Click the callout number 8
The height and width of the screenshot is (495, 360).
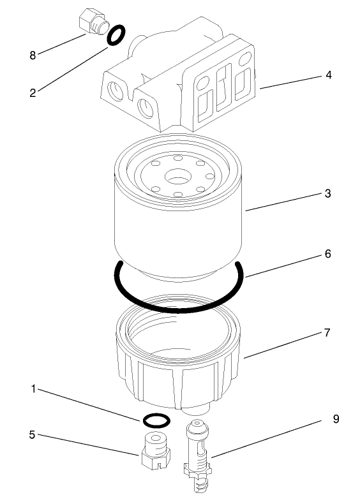pos(32,55)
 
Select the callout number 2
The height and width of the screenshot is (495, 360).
pos(32,92)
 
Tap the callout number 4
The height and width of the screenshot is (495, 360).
pos(328,75)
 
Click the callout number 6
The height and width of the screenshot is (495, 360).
pos(327,253)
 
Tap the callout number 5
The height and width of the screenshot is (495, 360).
pos(32,436)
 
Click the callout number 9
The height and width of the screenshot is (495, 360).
pos(336,419)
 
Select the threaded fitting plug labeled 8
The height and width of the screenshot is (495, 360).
pos(90,21)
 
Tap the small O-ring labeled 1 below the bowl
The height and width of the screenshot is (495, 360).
pos(155,420)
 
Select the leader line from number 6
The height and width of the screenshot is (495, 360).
pos(281,265)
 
